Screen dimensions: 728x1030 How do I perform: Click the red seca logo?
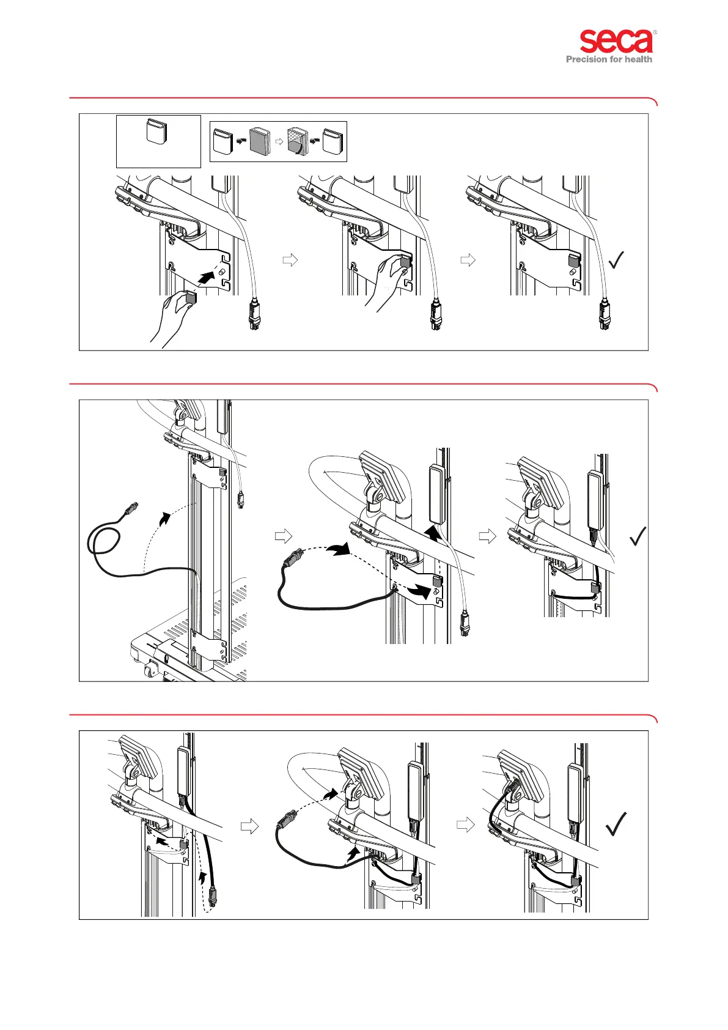coord(616,42)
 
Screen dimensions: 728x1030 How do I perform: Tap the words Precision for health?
coord(609,59)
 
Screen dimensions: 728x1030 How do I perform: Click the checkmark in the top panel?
coord(616,260)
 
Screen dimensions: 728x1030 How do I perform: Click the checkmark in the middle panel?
coord(638,536)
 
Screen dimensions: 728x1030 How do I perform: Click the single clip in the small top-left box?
coord(156,132)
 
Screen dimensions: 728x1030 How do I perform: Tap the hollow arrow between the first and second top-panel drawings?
coord(290,260)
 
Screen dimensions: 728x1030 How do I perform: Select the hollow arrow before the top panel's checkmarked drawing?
coord(468,260)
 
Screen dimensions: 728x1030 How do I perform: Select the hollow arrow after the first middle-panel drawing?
coord(284,536)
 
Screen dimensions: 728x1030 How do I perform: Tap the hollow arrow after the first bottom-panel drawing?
coord(249,826)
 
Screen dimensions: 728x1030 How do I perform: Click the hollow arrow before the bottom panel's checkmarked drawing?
coord(466,824)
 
